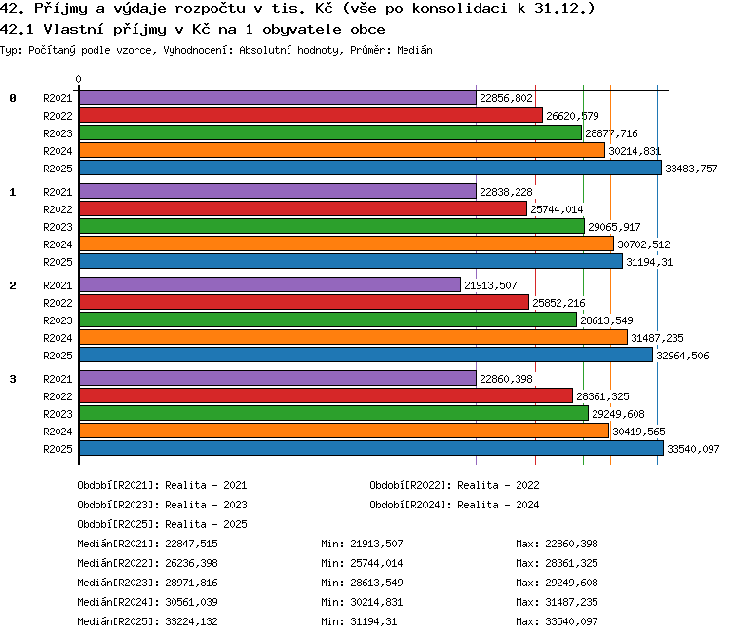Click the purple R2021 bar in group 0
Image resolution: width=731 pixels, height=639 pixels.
278,97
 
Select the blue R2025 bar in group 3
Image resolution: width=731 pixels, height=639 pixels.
371,448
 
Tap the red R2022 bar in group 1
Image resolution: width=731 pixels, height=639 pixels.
303,208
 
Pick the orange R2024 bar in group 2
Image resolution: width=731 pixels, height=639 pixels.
353,337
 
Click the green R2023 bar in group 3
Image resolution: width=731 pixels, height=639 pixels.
333,413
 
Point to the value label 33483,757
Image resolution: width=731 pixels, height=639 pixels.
691,169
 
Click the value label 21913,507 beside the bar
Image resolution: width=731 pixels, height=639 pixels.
490,285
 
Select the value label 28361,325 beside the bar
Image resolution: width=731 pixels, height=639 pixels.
602,396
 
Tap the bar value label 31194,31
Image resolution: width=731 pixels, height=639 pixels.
649,262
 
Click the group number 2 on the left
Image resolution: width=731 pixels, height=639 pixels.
13,285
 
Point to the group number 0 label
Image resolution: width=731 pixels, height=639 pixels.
13,98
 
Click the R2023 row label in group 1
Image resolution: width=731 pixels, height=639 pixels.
58,227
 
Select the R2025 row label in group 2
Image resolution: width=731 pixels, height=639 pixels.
58,356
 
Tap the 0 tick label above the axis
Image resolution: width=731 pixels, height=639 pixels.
78,79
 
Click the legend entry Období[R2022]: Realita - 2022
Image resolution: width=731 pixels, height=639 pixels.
454,486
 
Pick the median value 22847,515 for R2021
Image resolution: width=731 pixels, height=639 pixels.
192,544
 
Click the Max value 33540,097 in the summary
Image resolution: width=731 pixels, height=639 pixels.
571,621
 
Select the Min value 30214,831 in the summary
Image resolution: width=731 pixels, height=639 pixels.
376,602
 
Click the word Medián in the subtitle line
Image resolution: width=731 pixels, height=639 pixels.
414,50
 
